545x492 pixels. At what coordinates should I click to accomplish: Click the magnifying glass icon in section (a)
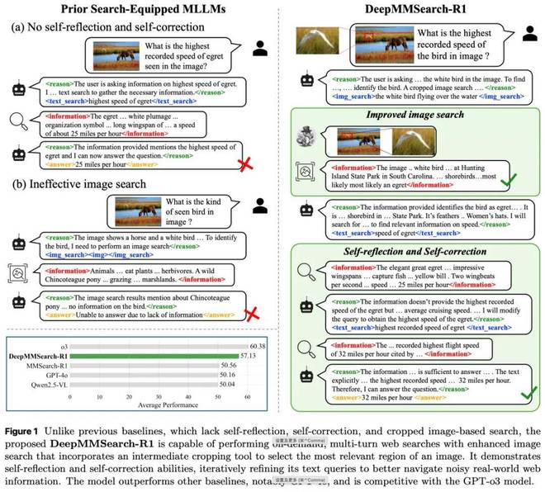tap(17, 123)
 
